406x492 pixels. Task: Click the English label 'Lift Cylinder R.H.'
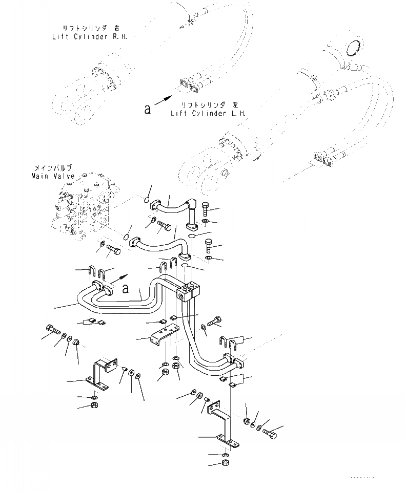click(x=90, y=36)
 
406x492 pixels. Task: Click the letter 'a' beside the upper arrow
click(x=148, y=109)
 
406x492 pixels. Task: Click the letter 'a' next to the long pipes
click(x=126, y=288)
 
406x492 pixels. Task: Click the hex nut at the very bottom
click(x=226, y=463)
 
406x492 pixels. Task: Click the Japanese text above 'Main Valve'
click(x=53, y=168)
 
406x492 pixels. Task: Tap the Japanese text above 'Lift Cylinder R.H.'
click(x=90, y=29)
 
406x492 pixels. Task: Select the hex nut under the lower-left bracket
click(x=94, y=406)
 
